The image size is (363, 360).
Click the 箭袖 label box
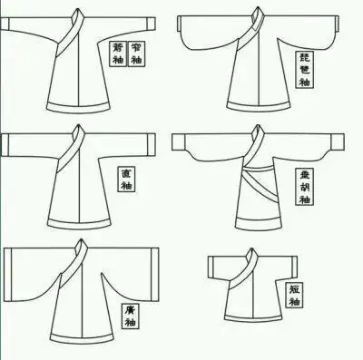click(x=116, y=54)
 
